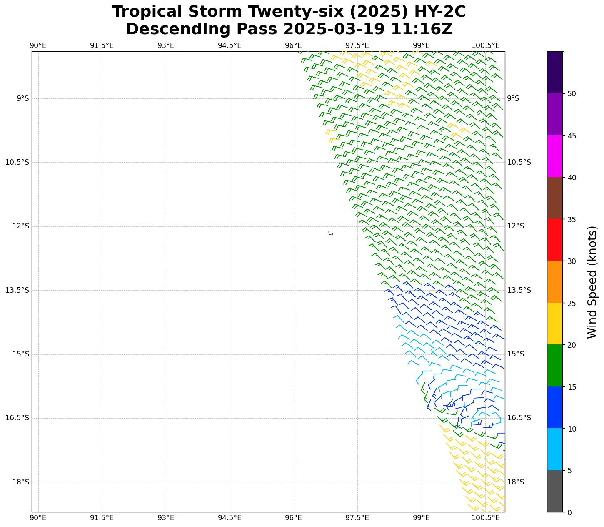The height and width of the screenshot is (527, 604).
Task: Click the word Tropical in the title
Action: coord(147,12)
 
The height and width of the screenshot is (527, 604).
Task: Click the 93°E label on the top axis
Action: coord(166,45)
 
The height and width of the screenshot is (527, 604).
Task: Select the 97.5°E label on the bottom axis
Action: coord(357,518)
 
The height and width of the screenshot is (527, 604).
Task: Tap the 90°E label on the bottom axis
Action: coord(38,518)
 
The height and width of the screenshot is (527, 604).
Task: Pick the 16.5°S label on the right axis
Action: coord(519,418)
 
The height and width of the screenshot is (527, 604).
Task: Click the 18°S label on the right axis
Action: coord(516,482)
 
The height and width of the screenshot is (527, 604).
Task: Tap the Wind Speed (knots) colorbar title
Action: coord(592,282)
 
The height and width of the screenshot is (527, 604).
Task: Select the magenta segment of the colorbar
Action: coord(554,156)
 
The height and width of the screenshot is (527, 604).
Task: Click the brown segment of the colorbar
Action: coord(554,198)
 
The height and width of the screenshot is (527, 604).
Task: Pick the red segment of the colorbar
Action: coord(554,240)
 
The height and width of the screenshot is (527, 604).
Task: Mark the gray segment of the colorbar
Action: coord(554,491)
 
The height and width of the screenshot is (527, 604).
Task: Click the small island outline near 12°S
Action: coord(331,233)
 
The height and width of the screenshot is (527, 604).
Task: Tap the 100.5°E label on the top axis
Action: coord(485,45)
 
